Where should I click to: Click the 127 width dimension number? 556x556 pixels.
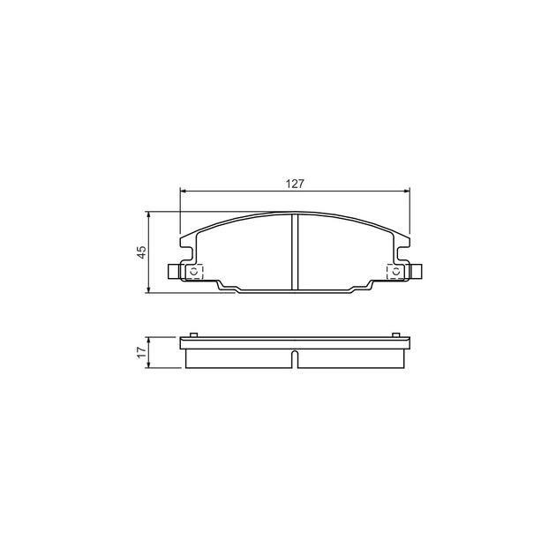[295, 184]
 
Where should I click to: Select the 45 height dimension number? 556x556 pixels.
[141, 252]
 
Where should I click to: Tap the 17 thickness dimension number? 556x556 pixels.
[141, 352]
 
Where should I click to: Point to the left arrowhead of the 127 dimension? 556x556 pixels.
[184, 192]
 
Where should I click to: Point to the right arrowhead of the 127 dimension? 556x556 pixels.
[407, 192]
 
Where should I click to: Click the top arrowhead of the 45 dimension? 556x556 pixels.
[149, 214]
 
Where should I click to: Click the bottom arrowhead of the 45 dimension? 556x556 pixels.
[149, 290]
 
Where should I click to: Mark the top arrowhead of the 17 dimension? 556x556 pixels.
[149, 340]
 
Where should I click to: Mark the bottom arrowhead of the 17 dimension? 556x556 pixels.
[149, 364]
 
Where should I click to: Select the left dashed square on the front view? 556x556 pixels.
[194, 272]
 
